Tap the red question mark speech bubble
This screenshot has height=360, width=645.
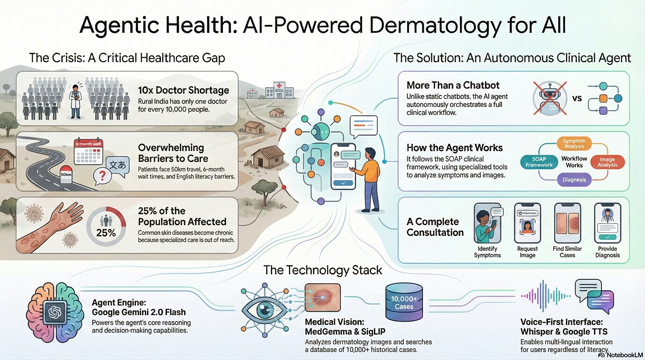pos(101,176)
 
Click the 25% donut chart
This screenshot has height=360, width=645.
pos(105,227)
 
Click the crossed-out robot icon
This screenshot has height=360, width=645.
pos(546,98)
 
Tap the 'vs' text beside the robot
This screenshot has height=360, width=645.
pos(576,99)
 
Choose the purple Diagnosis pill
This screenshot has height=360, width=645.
pos(574,180)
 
